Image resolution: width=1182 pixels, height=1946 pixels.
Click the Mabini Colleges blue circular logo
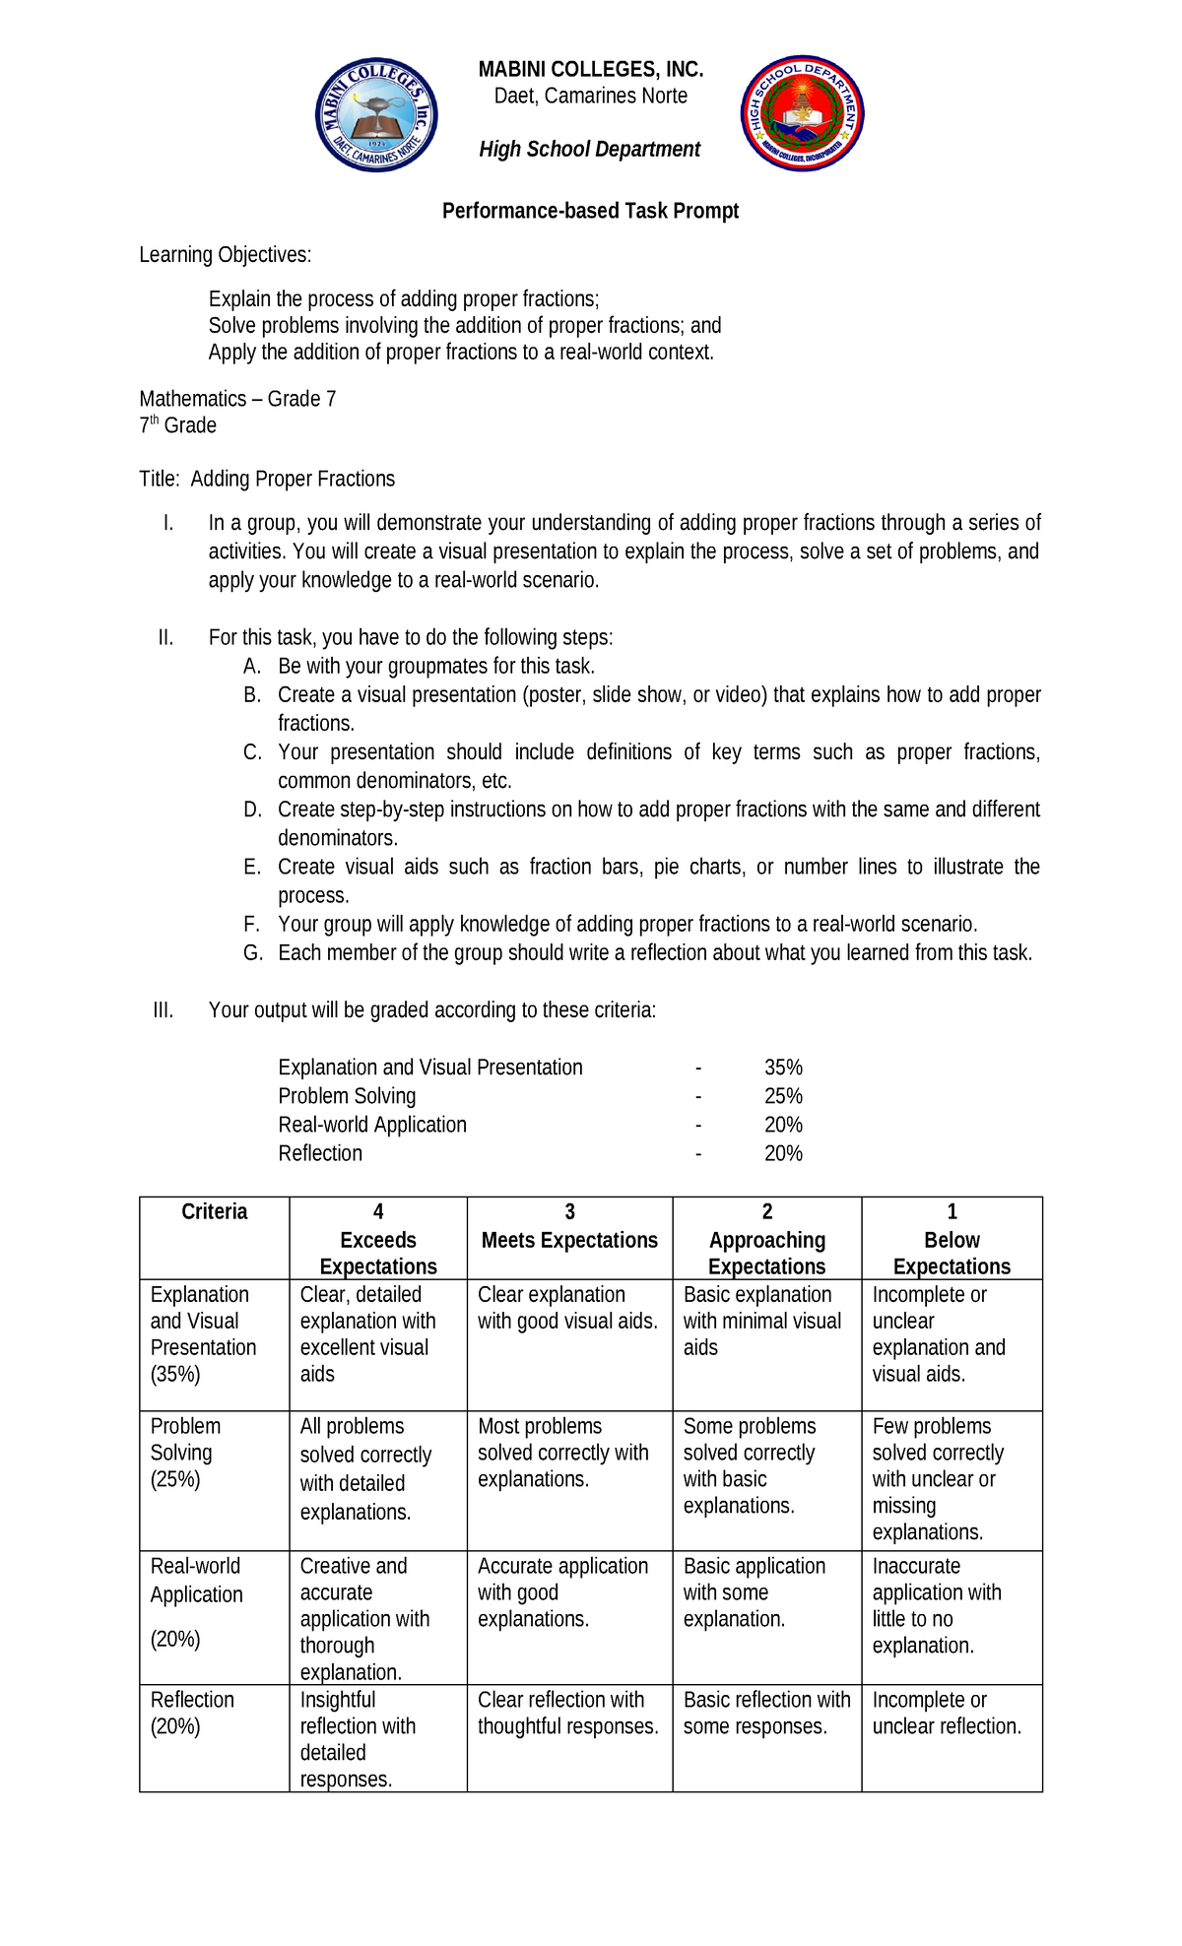coord(376,114)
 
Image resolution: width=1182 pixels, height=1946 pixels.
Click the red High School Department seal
coord(802,113)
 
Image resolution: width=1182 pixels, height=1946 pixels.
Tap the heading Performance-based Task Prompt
coord(590,211)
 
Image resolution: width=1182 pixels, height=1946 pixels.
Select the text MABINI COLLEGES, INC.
coord(590,69)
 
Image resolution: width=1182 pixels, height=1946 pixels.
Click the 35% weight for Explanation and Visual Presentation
coord(783,1068)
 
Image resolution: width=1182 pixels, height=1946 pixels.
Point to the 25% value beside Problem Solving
coord(783,1096)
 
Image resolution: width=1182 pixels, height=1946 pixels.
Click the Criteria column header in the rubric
coord(214,1212)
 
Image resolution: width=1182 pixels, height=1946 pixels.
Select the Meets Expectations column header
coord(569,1240)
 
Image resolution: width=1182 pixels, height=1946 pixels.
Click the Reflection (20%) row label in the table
coord(192,1713)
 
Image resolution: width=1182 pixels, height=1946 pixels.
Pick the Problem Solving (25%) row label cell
coord(185,1453)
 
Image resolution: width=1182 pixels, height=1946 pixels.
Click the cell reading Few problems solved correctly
coord(937,1478)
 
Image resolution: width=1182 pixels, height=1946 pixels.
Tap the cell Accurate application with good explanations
coord(562,1592)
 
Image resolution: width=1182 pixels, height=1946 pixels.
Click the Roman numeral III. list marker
coord(164,1010)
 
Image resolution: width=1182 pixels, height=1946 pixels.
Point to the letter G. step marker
coord(253,953)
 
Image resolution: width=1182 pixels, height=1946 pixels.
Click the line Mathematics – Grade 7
coord(237,399)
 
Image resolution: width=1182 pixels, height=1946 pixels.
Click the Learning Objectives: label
coord(225,255)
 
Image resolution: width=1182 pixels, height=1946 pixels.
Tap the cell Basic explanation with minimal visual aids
coord(761,1321)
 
